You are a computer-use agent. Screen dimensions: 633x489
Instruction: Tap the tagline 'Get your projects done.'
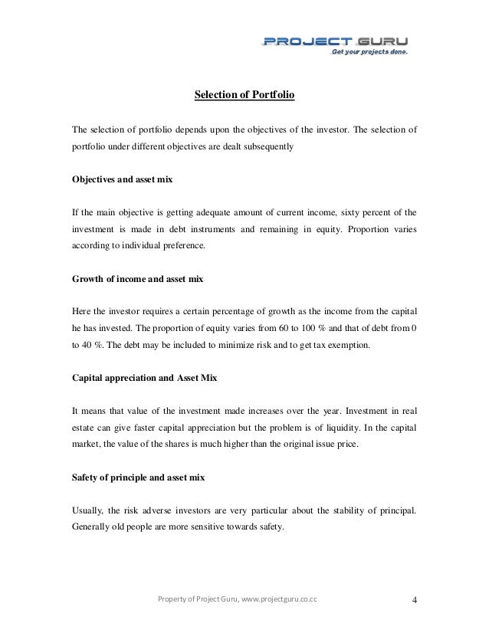tap(369, 53)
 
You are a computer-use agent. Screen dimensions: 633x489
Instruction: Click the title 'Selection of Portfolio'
tap(244, 96)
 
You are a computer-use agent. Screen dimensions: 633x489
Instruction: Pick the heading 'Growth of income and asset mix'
tap(137, 280)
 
